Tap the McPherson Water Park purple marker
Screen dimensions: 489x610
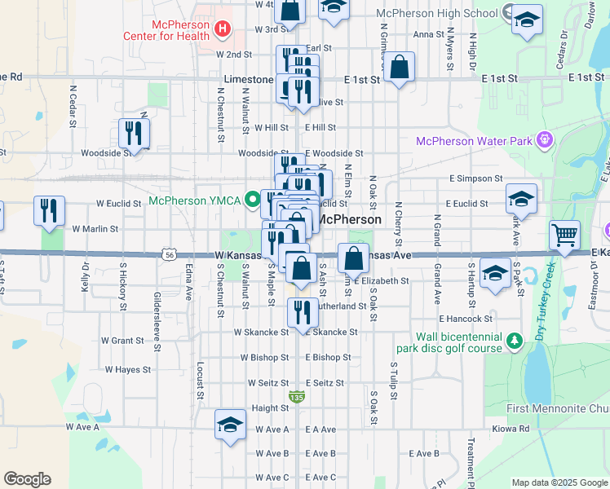pyautogui.click(x=546, y=141)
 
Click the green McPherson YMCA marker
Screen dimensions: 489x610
pyautogui.click(x=254, y=198)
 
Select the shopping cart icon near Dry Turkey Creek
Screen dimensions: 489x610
pyautogui.click(x=564, y=235)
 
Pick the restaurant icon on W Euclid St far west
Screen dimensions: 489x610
pyautogui.click(x=49, y=210)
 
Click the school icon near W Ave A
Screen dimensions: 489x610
pyautogui.click(x=231, y=424)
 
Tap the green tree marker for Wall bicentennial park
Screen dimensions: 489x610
pyautogui.click(x=514, y=340)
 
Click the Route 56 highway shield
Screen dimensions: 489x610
pyautogui.click(x=169, y=254)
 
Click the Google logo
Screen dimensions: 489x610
pyautogui.click(x=26, y=479)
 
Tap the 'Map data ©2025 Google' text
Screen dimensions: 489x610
pyautogui.click(x=559, y=482)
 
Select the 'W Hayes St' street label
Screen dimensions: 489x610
pyautogui.click(x=122, y=370)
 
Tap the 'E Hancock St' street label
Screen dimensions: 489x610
pyautogui.click(x=465, y=319)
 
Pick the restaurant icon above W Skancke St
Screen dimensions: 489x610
pyautogui.click(x=303, y=311)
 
